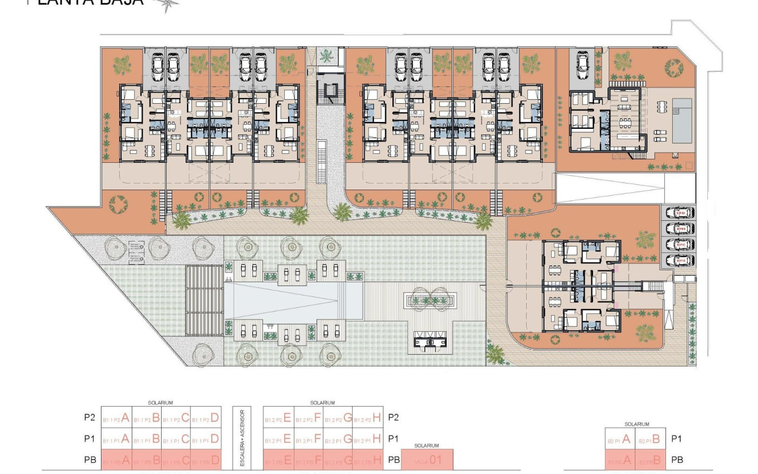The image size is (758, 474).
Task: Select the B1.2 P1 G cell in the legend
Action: (x=338, y=439)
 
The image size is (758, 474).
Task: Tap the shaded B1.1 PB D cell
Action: (x=206, y=461)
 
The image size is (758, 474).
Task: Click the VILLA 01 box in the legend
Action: (x=427, y=461)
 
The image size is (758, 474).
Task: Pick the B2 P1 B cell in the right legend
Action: (x=649, y=439)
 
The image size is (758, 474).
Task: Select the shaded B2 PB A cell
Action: (x=620, y=461)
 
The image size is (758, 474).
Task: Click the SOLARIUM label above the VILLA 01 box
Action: (x=427, y=446)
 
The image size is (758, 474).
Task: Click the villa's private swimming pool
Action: (x=683, y=120)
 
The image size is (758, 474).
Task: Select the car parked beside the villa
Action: (x=582, y=66)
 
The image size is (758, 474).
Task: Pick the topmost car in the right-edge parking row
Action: (x=684, y=213)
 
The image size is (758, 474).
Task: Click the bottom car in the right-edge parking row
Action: (x=684, y=260)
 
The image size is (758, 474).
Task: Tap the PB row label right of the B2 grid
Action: (x=677, y=461)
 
